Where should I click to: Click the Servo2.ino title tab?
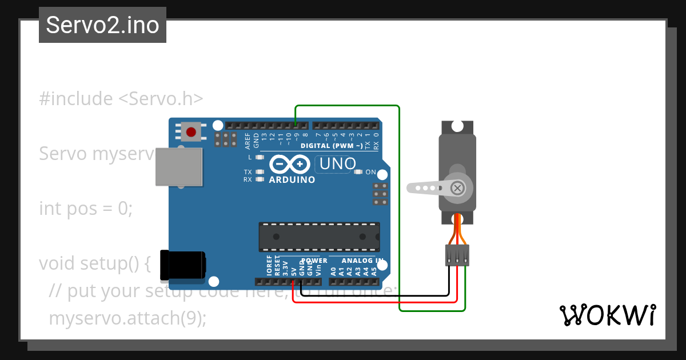[x=102, y=25]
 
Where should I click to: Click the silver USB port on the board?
[x=179, y=167]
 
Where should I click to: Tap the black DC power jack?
[x=184, y=266]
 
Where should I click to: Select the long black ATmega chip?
[x=319, y=237]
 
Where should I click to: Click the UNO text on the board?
[x=337, y=164]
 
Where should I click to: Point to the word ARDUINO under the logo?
[x=292, y=180]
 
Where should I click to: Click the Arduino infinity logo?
[x=292, y=165]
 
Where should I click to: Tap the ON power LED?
[x=358, y=172]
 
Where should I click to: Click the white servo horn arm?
[x=426, y=187]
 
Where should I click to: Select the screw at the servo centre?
[x=457, y=187]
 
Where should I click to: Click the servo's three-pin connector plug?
[x=457, y=255]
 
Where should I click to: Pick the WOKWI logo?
[x=607, y=315]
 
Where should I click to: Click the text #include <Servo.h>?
[x=121, y=98]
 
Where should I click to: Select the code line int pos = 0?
[x=86, y=208]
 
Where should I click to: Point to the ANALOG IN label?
[x=362, y=261]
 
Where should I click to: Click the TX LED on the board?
[x=260, y=172]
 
